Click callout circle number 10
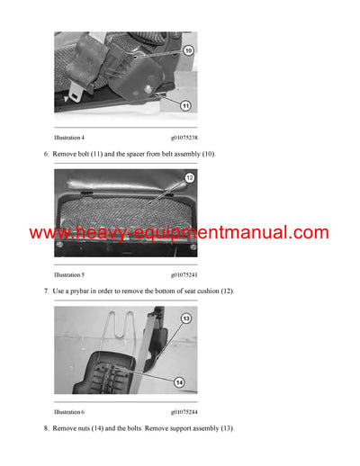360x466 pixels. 187,51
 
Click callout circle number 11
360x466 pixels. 185,105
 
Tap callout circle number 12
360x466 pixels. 189,179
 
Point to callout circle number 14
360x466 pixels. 179,381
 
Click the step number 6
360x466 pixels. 46,155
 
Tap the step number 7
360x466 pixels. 46,291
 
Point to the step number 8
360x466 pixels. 46,428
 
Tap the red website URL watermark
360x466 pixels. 179,233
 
